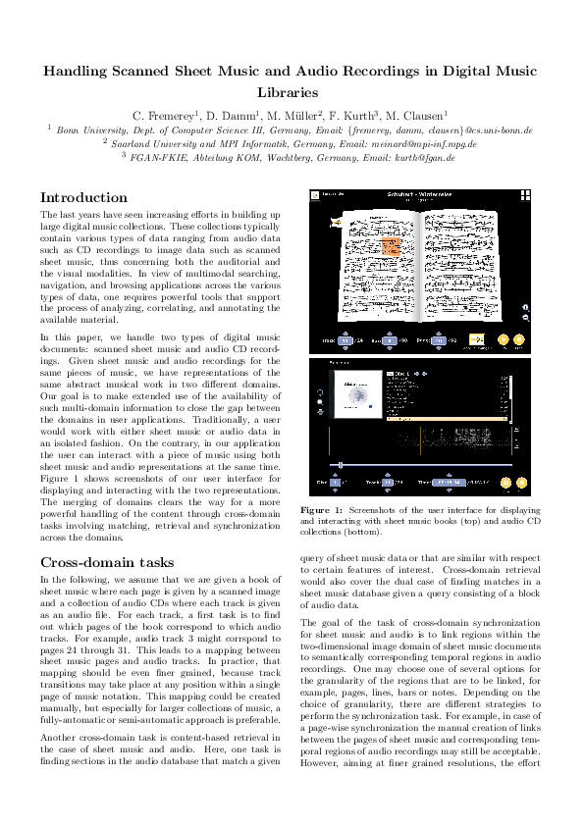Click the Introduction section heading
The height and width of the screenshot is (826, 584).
coord(83,197)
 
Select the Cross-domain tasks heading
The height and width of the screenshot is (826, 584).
coord(107,562)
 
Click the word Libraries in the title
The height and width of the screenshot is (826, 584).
coord(292,92)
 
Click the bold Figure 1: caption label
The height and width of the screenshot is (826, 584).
coord(320,511)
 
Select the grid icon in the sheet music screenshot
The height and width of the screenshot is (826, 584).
coord(525,196)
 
